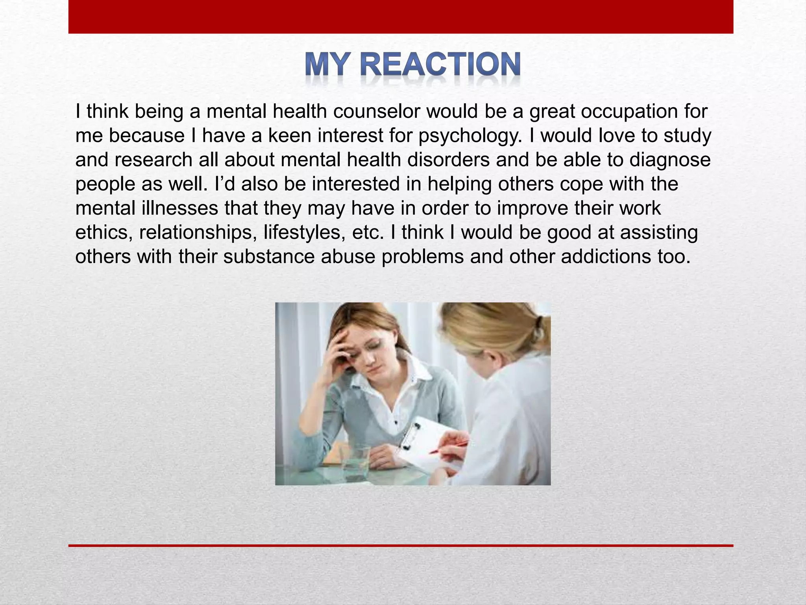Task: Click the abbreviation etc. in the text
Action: coord(368,233)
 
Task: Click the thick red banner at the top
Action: coord(401,17)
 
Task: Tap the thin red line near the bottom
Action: coord(401,546)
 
